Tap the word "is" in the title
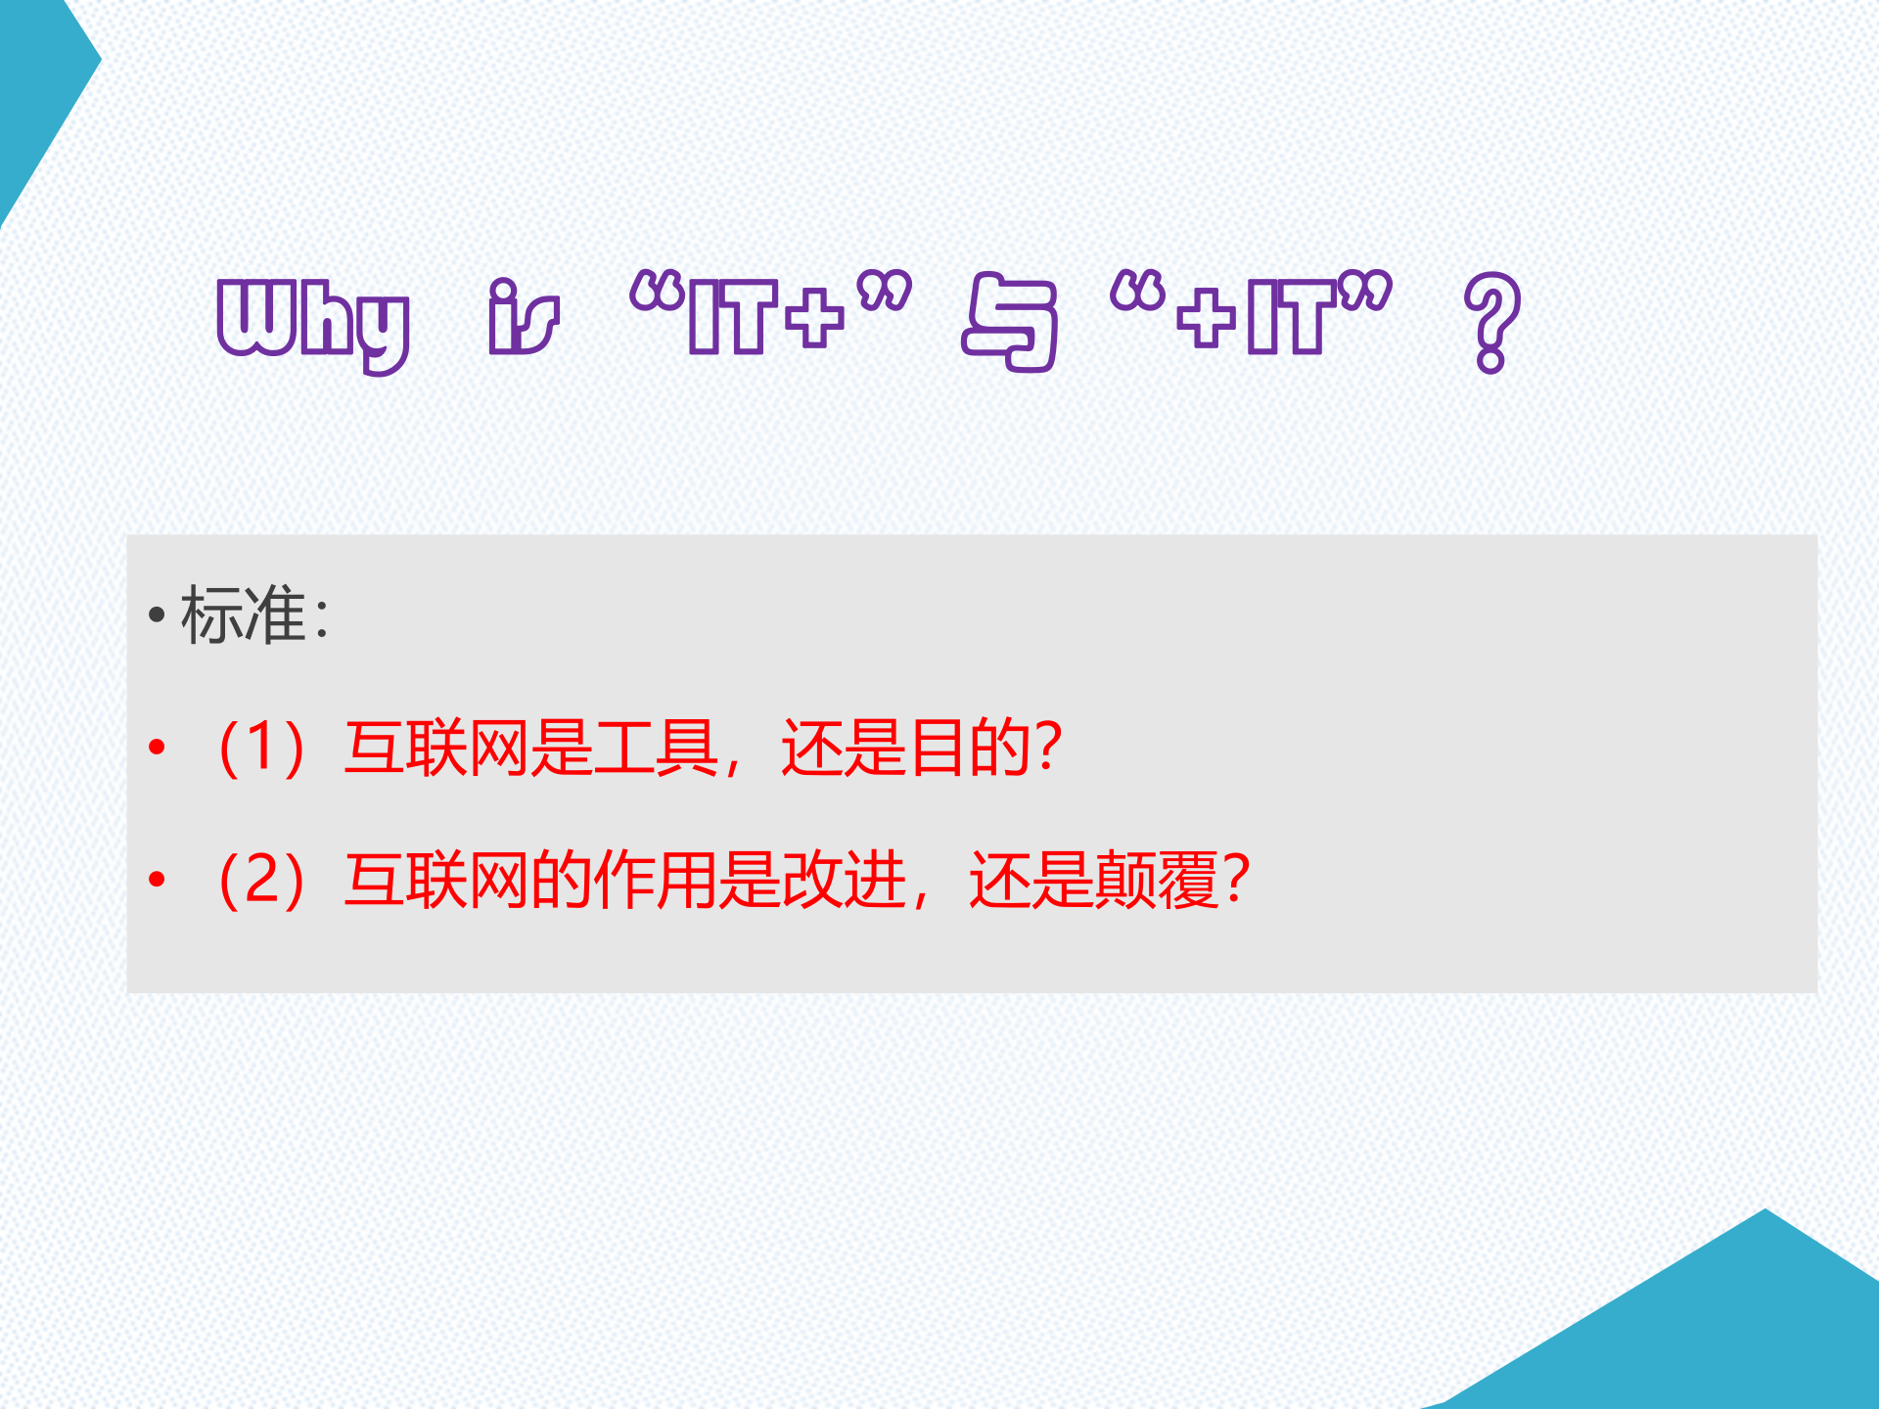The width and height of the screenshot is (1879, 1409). tap(524, 317)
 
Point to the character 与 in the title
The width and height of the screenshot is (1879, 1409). tap(1011, 322)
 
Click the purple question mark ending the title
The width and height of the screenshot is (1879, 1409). tap(1491, 322)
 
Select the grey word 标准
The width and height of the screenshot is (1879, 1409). tap(244, 615)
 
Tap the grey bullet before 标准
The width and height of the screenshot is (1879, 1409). tap(157, 616)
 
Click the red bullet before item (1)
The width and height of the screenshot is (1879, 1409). tap(157, 749)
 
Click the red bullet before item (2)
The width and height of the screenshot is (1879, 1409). tap(157, 880)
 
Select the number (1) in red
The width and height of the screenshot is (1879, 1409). tap(261, 749)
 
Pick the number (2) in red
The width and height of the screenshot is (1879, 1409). tap(261, 880)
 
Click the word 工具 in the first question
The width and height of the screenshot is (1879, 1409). tap(656, 749)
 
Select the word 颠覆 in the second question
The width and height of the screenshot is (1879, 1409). tap(1156, 880)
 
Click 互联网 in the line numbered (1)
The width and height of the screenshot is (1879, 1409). tap(437, 749)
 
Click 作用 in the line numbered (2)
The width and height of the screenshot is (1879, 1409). tap(656, 880)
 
